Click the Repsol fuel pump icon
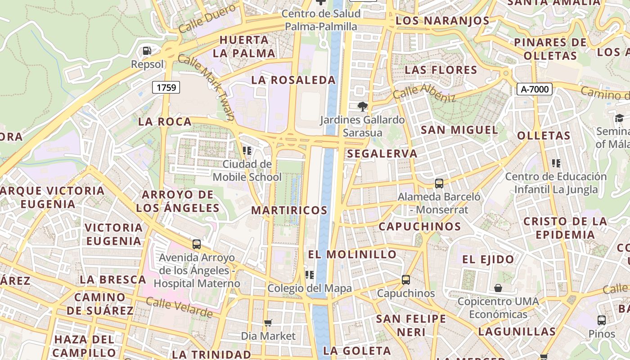click(147, 51)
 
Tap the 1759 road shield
click(166, 87)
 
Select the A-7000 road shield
click(534, 89)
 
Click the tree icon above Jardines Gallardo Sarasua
click(362, 107)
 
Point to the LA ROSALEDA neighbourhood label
click(293, 80)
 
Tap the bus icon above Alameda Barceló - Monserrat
click(439, 184)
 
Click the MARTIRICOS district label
click(289, 210)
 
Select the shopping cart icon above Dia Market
click(268, 322)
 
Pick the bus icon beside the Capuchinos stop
click(405, 280)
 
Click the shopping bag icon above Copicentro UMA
click(498, 288)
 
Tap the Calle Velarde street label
click(179, 308)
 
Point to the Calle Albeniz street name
click(424, 92)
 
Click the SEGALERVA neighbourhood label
click(382, 153)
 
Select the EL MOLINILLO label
click(352, 254)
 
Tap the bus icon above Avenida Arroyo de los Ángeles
click(197, 244)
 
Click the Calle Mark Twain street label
click(206, 87)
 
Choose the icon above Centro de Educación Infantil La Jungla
click(556, 163)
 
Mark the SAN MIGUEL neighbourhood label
click(459, 130)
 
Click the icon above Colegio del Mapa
click(309, 274)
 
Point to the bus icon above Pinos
click(601, 320)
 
